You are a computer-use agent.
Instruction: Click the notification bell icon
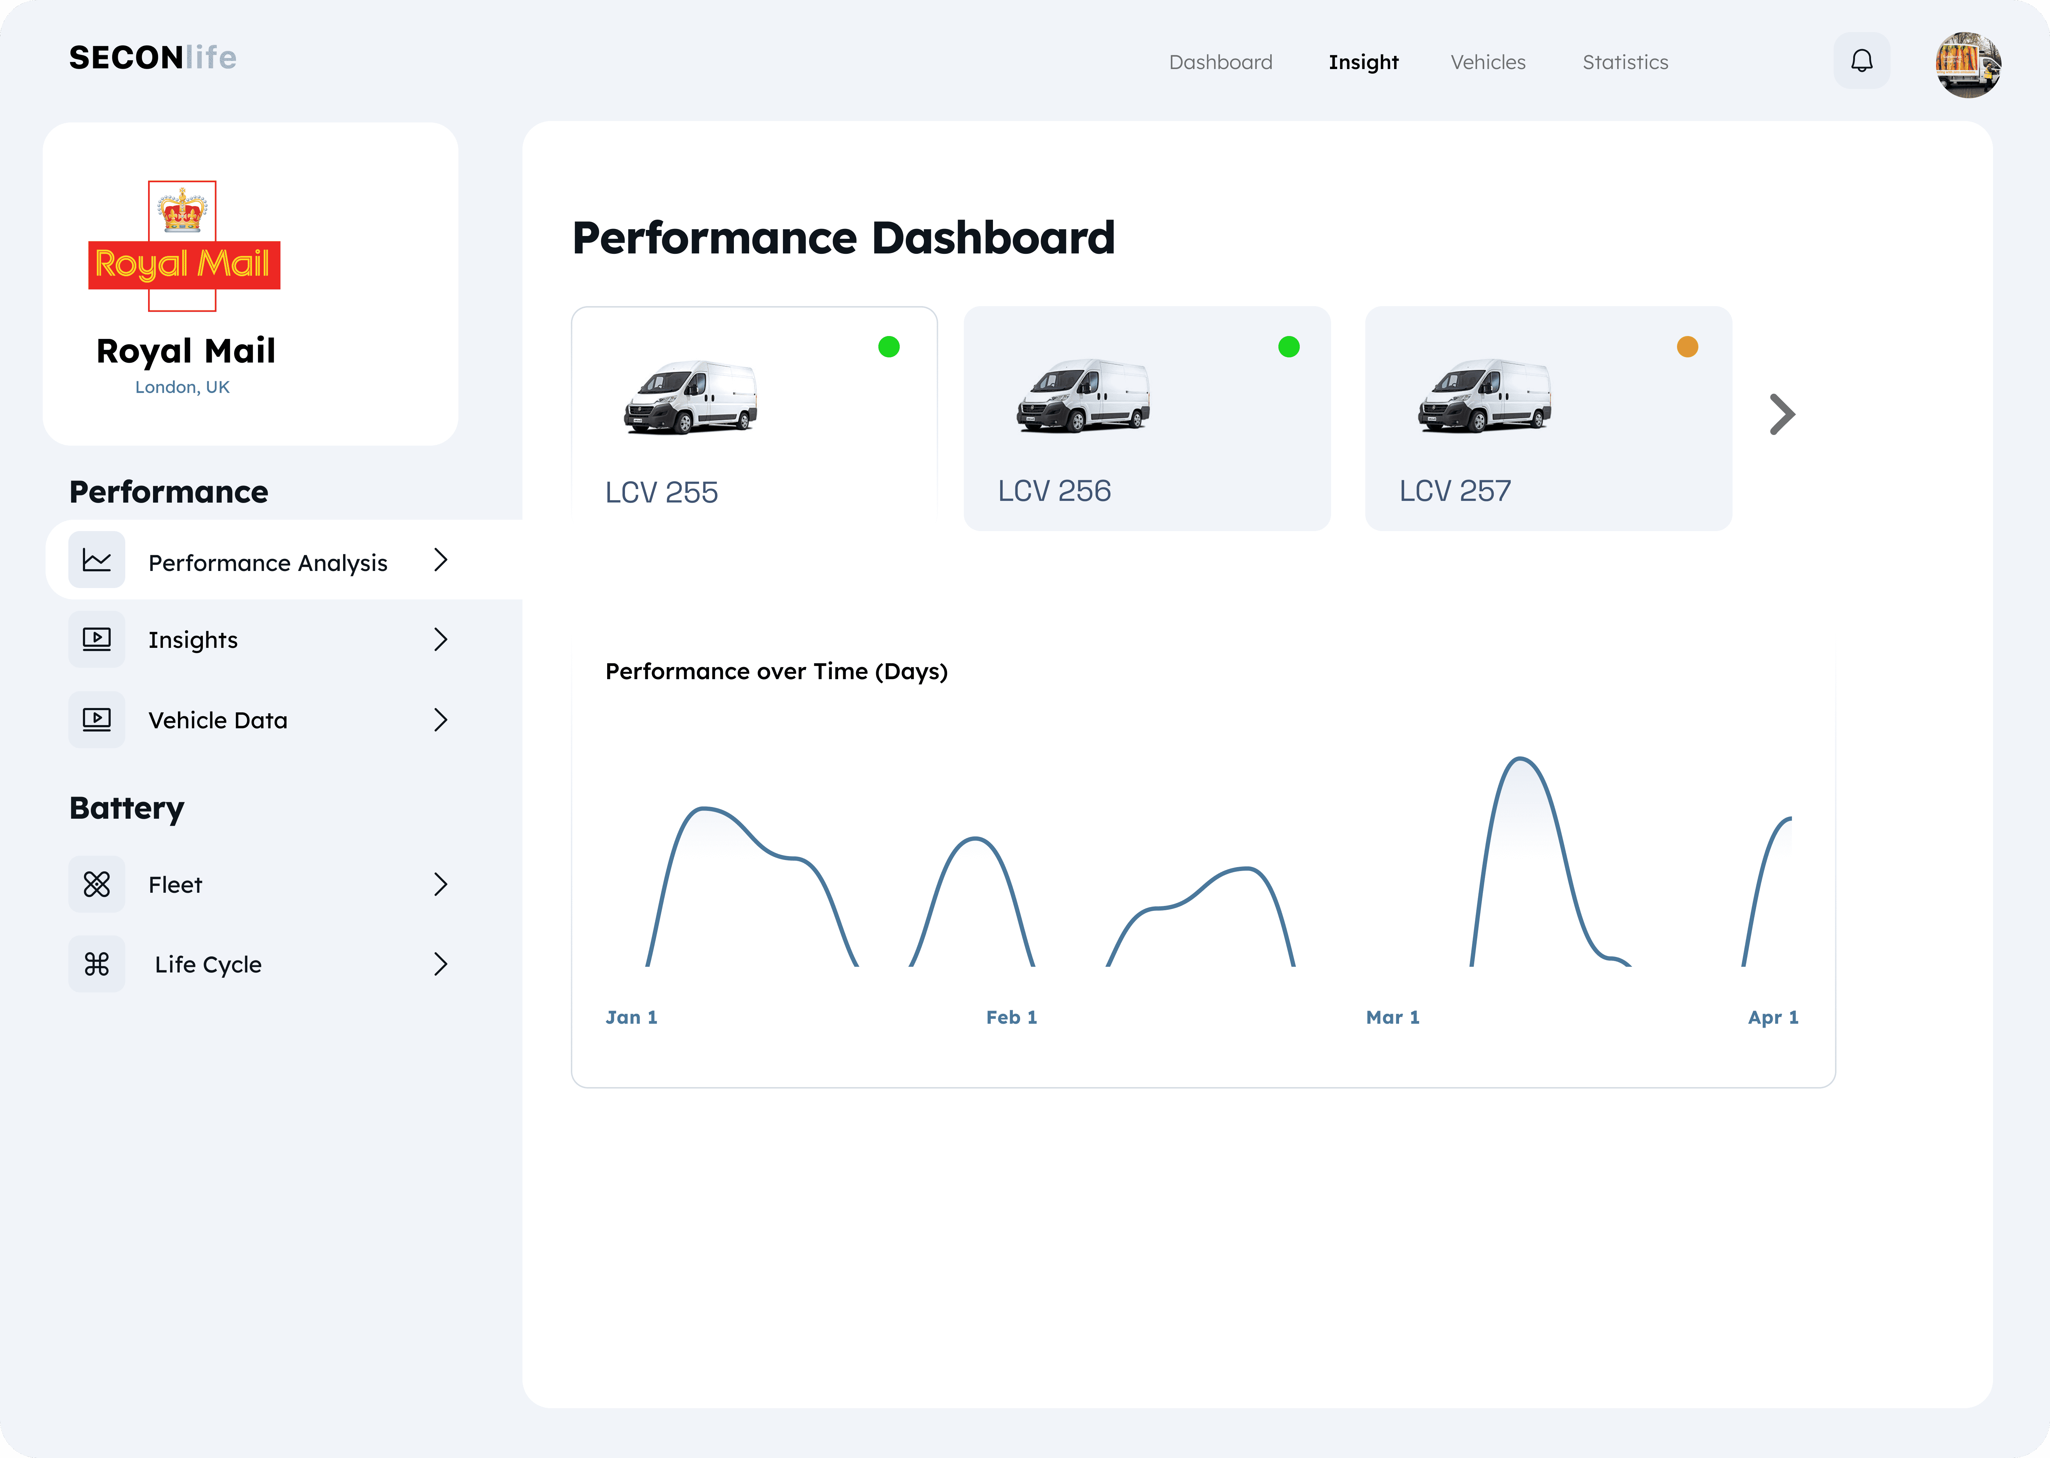(1861, 61)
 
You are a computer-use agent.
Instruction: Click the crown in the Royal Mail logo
(182, 210)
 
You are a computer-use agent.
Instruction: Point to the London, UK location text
(182, 387)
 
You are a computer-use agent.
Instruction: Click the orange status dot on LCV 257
(1687, 347)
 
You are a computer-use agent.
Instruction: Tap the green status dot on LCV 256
(1289, 347)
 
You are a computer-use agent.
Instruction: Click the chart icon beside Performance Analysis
(97, 560)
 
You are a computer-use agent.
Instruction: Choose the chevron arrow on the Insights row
(441, 639)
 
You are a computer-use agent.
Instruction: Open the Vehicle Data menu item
(218, 720)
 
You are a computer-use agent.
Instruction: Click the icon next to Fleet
(97, 884)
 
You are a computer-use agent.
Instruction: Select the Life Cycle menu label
(208, 964)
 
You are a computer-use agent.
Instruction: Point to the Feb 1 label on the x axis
(1011, 1017)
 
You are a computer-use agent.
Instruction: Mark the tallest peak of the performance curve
(1520, 759)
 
